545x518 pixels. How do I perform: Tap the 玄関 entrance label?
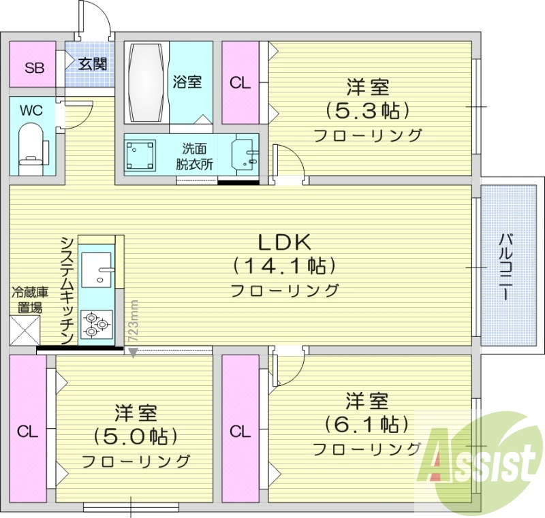[92, 65]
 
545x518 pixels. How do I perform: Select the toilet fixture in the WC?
[31, 146]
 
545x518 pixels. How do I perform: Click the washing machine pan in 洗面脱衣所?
[142, 155]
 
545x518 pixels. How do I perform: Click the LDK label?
[284, 242]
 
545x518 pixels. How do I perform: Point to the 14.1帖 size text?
[284, 265]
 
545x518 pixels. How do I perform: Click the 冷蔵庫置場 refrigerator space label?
[29, 300]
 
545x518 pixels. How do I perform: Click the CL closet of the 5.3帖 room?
[240, 83]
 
